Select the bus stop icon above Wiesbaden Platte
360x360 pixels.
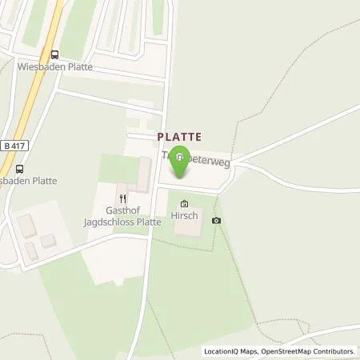pos(54,54)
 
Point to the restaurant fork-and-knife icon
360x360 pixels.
pos(122,198)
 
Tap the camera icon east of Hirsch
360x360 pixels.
pos(216,220)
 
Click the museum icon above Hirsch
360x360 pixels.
pos(186,204)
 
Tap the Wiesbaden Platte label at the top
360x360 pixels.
pos(54,67)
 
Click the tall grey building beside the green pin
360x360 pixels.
pos(144,174)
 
